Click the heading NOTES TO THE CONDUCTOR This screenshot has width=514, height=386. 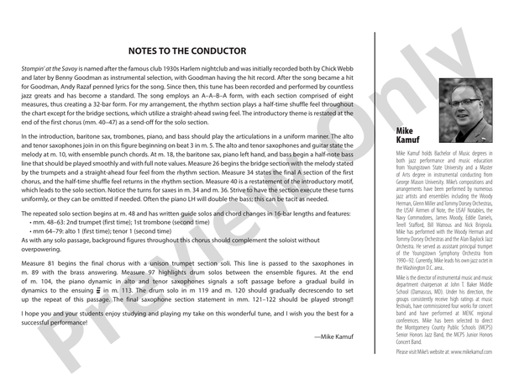point(187,51)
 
